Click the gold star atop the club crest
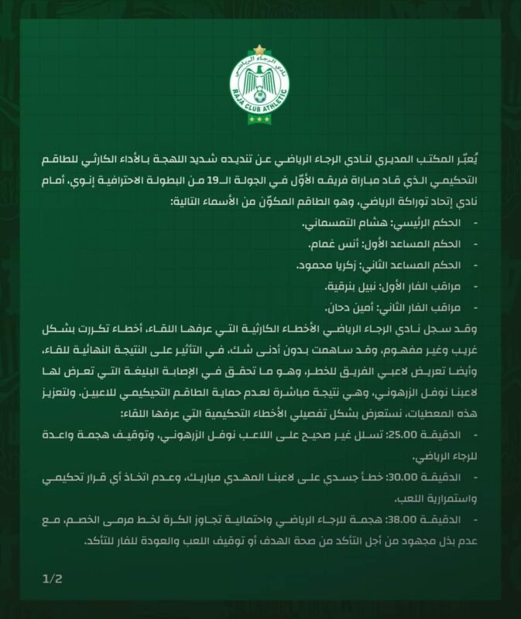pos(260,50)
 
